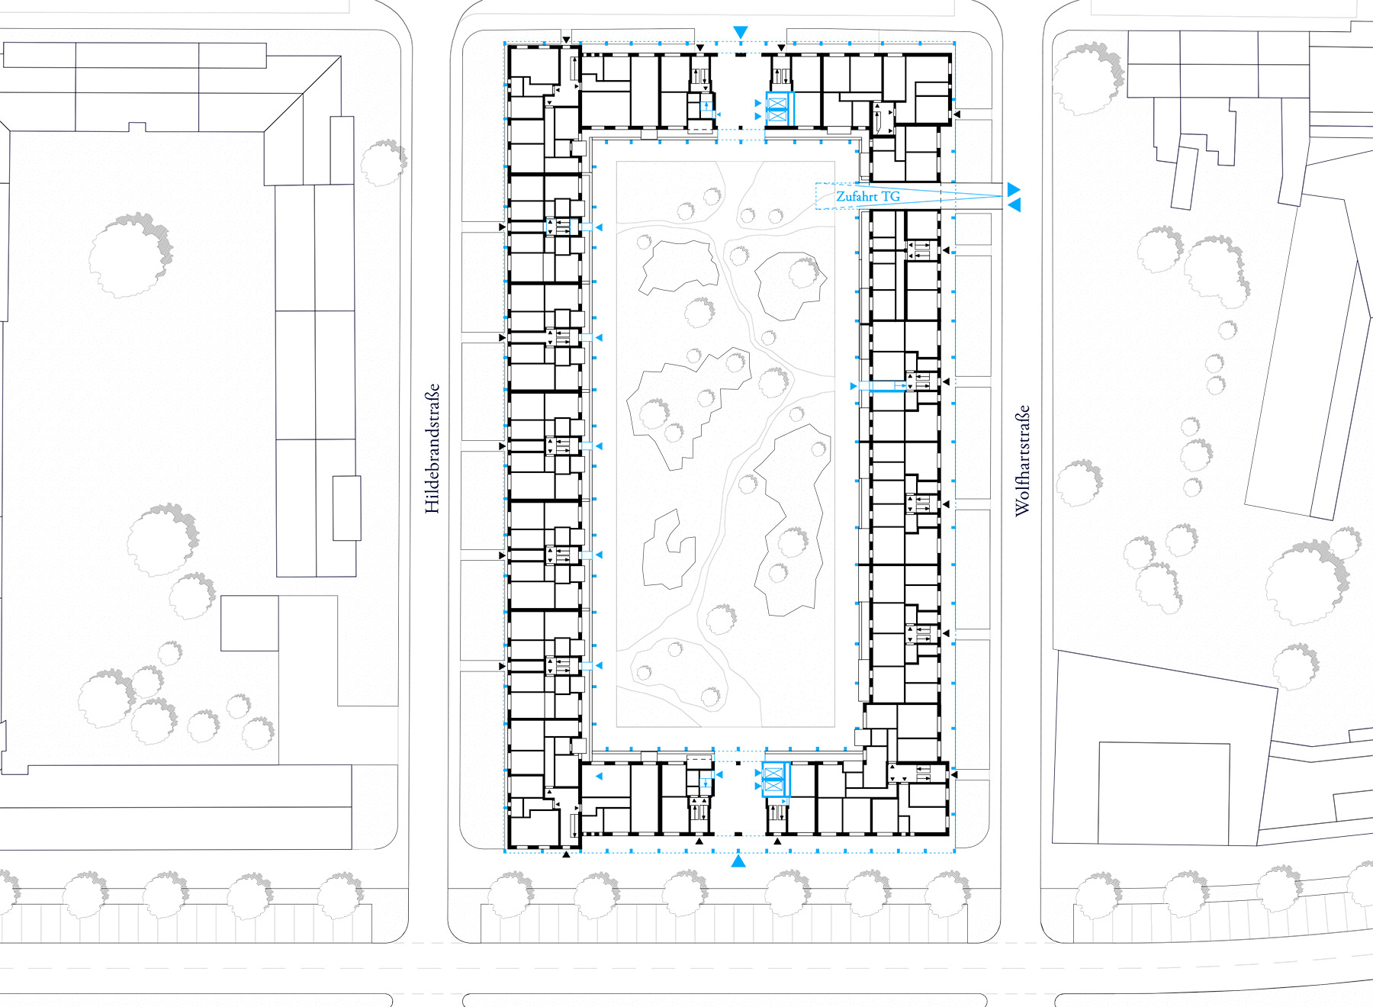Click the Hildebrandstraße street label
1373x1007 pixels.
pyautogui.click(x=432, y=448)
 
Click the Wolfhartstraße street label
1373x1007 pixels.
pyautogui.click(x=1022, y=460)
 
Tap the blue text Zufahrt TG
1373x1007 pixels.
pyautogui.click(x=868, y=197)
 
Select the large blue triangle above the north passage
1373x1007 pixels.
pyautogui.click(x=740, y=32)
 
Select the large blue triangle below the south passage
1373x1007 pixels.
pyautogui.click(x=738, y=861)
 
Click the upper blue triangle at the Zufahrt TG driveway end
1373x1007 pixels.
pyautogui.click(x=1014, y=188)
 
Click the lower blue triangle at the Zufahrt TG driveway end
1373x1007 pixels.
pyautogui.click(x=1014, y=205)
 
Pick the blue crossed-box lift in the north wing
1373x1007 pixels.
pyautogui.click(x=776, y=109)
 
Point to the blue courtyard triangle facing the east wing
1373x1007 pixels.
pyautogui.click(x=854, y=387)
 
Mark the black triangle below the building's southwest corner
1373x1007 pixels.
pyautogui.click(x=566, y=855)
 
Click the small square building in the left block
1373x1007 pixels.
pyautogui.click(x=249, y=623)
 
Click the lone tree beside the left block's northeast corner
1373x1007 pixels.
pyautogui.click(x=383, y=162)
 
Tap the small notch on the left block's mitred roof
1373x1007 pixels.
pyautogui.click(x=137, y=127)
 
